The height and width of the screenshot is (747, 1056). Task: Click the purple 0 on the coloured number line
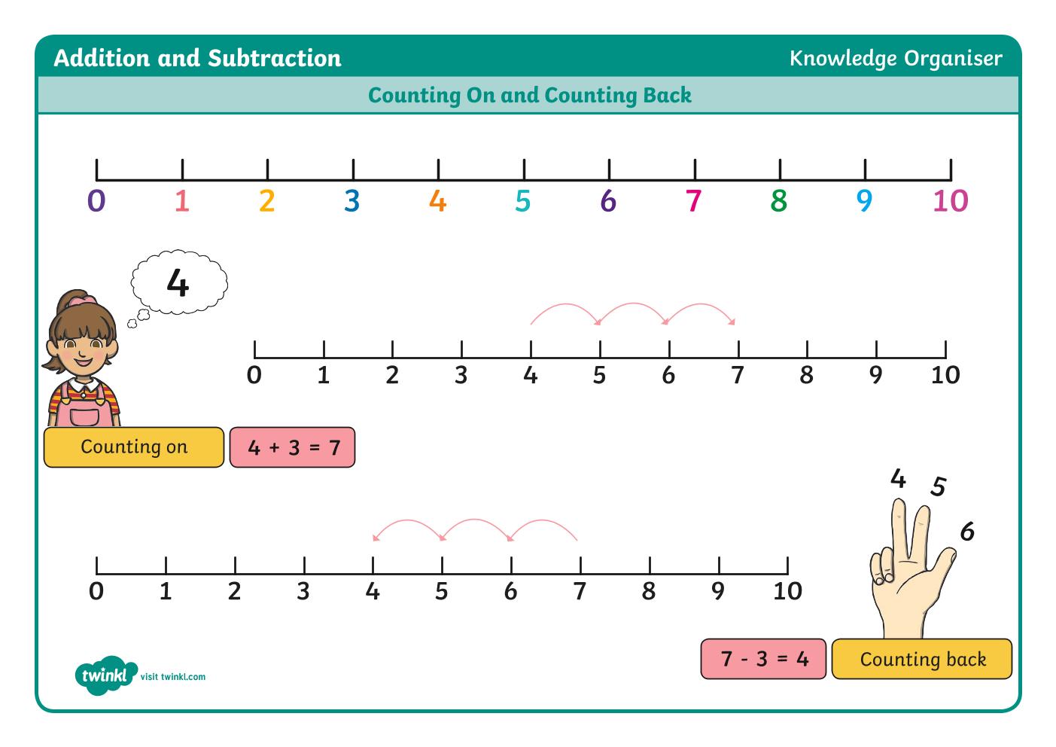pos(96,200)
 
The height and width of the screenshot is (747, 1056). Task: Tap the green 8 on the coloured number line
pos(779,200)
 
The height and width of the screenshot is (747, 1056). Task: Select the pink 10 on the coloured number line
pos(951,200)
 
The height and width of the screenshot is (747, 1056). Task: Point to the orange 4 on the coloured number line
pos(437,200)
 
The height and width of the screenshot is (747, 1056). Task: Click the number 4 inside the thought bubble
pos(178,282)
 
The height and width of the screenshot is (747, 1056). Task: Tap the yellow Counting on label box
pos(134,447)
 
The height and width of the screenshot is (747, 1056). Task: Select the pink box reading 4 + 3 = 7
pos(292,447)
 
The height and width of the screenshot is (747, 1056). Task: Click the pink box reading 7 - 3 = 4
pos(763,659)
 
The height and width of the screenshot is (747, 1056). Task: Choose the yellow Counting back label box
pos(922,659)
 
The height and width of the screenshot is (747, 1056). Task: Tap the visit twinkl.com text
pos(173,677)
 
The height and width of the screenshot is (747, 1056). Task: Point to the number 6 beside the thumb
pos(967,532)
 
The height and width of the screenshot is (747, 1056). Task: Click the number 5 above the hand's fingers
pos(938,486)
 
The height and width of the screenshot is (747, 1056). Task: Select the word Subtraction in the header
pos(275,59)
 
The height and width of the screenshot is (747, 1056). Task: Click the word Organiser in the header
pos(953,59)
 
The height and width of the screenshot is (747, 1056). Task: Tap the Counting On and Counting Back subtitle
pos(530,96)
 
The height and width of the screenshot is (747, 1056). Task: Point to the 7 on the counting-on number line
pos(738,376)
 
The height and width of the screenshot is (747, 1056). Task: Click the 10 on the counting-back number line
pos(787,591)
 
